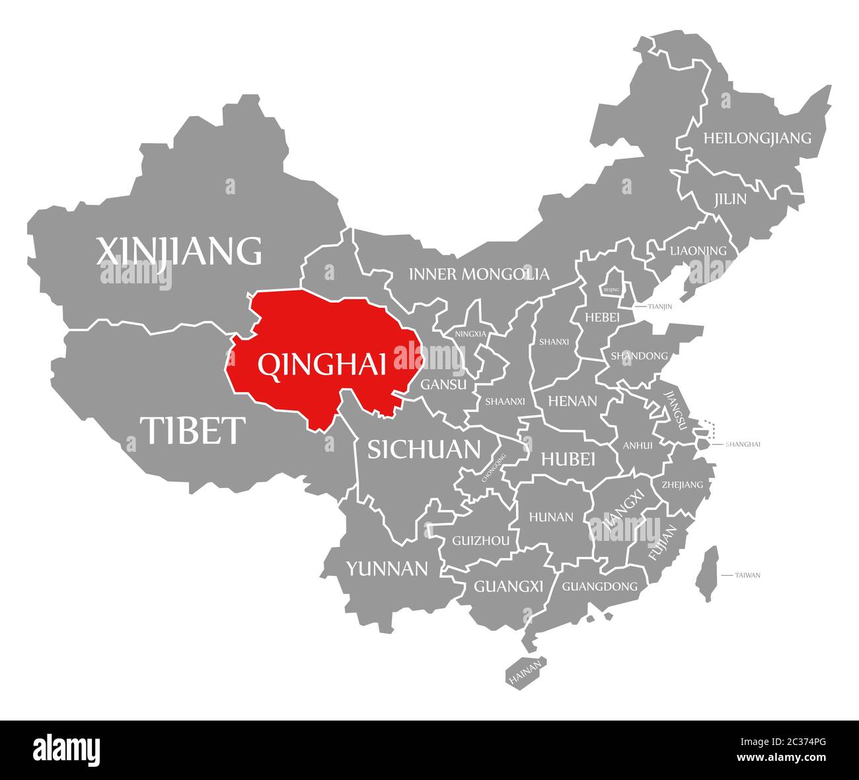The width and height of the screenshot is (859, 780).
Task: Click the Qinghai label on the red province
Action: pyautogui.click(x=322, y=365)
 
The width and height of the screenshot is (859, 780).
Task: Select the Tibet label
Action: pyautogui.click(x=192, y=430)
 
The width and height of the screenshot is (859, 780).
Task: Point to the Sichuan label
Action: pyautogui.click(x=424, y=449)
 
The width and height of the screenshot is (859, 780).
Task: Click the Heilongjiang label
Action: pyautogui.click(x=757, y=138)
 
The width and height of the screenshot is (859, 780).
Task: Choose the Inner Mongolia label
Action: pyautogui.click(x=478, y=273)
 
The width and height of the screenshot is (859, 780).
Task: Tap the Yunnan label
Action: pyautogui.click(x=387, y=568)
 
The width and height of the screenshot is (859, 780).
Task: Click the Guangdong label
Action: pyautogui.click(x=599, y=586)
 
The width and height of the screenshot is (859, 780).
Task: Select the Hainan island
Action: pyautogui.click(x=527, y=672)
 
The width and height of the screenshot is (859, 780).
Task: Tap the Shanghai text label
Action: pyautogui.click(x=743, y=444)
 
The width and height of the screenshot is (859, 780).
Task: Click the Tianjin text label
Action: pyautogui.click(x=659, y=306)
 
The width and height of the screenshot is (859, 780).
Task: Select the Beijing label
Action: pyautogui.click(x=612, y=289)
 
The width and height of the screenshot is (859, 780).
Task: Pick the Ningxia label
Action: pyautogui.click(x=470, y=334)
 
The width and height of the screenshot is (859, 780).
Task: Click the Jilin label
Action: pyautogui.click(x=729, y=199)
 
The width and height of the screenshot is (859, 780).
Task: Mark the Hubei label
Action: pyautogui.click(x=568, y=459)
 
